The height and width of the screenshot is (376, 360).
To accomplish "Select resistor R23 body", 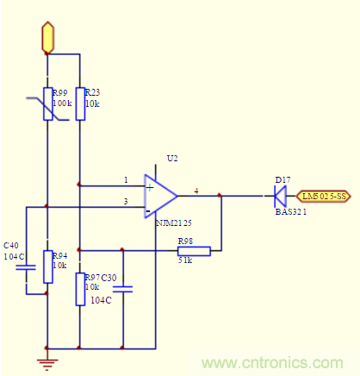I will coord(79,103).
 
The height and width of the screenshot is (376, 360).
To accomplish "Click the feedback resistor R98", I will coord(194,251).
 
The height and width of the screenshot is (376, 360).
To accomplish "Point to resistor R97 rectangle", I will coord(79,288).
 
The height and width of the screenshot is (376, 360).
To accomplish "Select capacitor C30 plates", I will coord(123,290).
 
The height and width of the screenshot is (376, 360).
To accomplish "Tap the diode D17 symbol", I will coord(281,196).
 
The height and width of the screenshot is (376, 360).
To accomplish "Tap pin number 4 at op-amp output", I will coord(197,190).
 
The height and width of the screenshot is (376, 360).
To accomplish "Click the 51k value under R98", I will coord(185,260).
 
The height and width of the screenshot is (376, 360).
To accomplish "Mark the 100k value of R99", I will coord(63,103).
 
